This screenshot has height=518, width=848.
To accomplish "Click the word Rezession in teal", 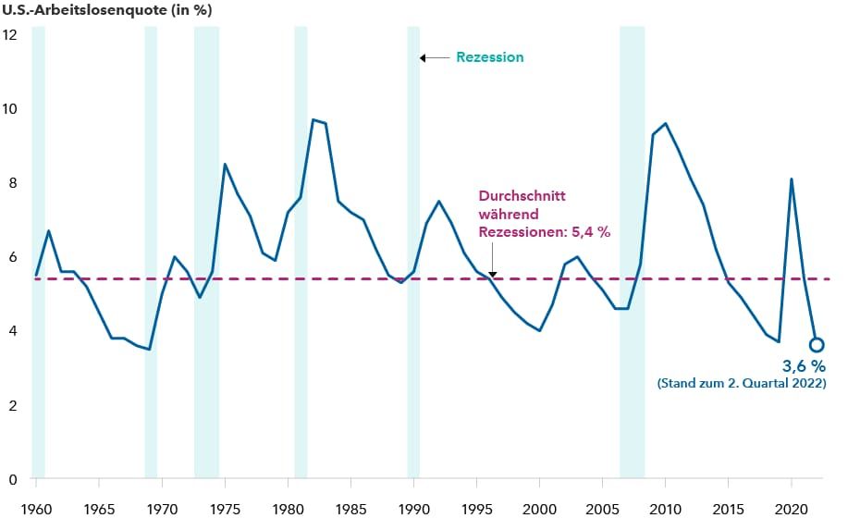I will (x=489, y=57).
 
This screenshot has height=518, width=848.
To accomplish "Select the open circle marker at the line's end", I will (x=817, y=345).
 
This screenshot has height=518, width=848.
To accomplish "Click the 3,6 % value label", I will (x=792, y=366).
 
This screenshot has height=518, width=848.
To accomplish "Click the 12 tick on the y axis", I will (x=11, y=34).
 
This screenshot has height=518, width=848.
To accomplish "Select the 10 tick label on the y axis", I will (x=11, y=108).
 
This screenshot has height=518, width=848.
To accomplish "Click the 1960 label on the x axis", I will (x=36, y=509).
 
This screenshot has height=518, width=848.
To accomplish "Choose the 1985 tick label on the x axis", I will (x=350, y=509).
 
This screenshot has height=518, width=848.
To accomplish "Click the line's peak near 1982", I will (x=313, y=119).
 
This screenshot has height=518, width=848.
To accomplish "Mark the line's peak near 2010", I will (x=665, y=123).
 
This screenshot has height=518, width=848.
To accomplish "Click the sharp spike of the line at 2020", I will (x=792, y=179).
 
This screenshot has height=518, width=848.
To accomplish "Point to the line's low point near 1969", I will (x=149, y=349).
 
